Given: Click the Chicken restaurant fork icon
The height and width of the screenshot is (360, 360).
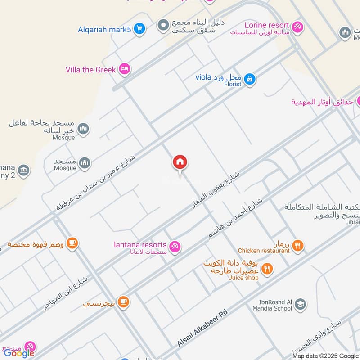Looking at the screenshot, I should point(297,246).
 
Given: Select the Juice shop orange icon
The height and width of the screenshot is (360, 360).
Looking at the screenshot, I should point(267,269).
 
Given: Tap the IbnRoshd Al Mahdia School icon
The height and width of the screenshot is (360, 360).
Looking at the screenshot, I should point(300,305).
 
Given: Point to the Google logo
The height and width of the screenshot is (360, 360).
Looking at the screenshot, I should point(19,353).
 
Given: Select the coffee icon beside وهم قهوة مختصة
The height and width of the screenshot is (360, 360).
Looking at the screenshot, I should point(72,243).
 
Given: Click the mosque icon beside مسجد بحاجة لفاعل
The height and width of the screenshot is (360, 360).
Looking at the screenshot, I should point(83,130).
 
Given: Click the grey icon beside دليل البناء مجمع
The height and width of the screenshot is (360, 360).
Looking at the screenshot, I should point(163,25).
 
